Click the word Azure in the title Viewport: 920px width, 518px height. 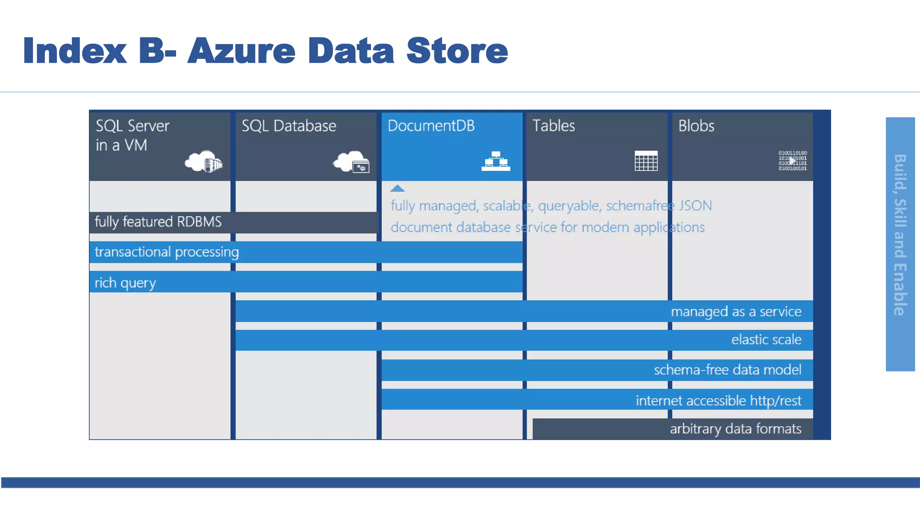click(241, 51)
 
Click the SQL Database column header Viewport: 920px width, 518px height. click(288, 126)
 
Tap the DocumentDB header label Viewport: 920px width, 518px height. click(431, 126)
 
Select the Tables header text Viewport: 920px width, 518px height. click(553, 126)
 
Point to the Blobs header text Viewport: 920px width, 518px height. click(696, 126)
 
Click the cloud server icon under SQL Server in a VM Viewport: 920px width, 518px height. click(203, 162)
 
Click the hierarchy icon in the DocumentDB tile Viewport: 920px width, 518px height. click(495, 161)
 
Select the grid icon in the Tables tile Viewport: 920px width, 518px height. click(646, 161)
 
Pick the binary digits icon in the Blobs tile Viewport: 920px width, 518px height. click(792, 161)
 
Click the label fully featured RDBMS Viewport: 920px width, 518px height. click(158, 222)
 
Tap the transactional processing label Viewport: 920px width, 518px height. click(166, 252)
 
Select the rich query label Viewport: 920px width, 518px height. click(125, 283)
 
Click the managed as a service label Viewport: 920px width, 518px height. click(735, 312)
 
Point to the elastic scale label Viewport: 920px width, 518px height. click(766, 339)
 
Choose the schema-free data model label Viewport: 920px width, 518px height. click(727, 370)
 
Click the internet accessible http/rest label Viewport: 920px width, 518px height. click(718, 401)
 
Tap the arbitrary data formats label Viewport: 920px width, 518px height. click(735, 429)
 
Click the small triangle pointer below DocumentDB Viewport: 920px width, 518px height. click(397, 189)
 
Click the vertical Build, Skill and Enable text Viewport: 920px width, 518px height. click(900, 235)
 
